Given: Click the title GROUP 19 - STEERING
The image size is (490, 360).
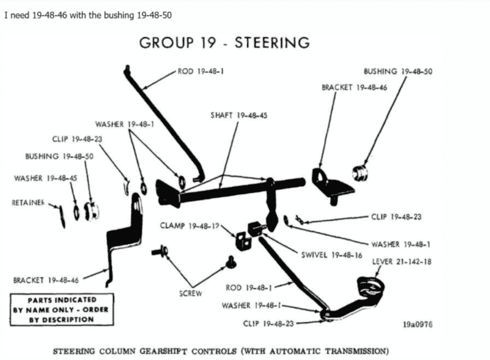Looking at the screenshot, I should [224, 43].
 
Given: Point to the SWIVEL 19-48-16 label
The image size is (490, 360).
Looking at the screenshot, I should [331, 255].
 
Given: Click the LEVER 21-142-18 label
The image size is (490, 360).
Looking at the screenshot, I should [401, 262].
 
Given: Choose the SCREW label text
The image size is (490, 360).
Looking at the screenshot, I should [191, 293].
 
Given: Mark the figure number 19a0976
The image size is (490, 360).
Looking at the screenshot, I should [417, 324].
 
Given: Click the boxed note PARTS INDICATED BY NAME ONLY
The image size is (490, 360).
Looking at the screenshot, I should [61, 310].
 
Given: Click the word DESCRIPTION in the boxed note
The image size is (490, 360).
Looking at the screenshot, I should [68, 319].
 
